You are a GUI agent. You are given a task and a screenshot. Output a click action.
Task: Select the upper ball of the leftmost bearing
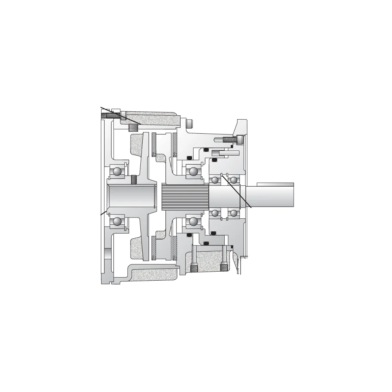[117, 171]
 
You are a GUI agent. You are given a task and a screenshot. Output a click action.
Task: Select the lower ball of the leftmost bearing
[117, 221]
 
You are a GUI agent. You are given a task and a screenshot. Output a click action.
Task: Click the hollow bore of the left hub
[127, 197]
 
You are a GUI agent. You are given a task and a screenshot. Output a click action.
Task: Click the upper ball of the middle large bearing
[193, 171]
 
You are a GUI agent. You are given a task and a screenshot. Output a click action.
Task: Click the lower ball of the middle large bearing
[193, 221]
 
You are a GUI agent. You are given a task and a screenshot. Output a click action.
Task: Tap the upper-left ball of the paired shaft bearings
[215, 180]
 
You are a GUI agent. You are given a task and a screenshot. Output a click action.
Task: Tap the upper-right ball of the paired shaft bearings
[234, 180]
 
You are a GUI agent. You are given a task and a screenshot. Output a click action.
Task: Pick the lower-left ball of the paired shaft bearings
[215, 213]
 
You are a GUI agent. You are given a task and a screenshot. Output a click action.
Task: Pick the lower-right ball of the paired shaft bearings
[234, 213]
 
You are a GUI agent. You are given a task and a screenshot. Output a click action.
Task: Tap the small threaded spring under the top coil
[134, 127]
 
